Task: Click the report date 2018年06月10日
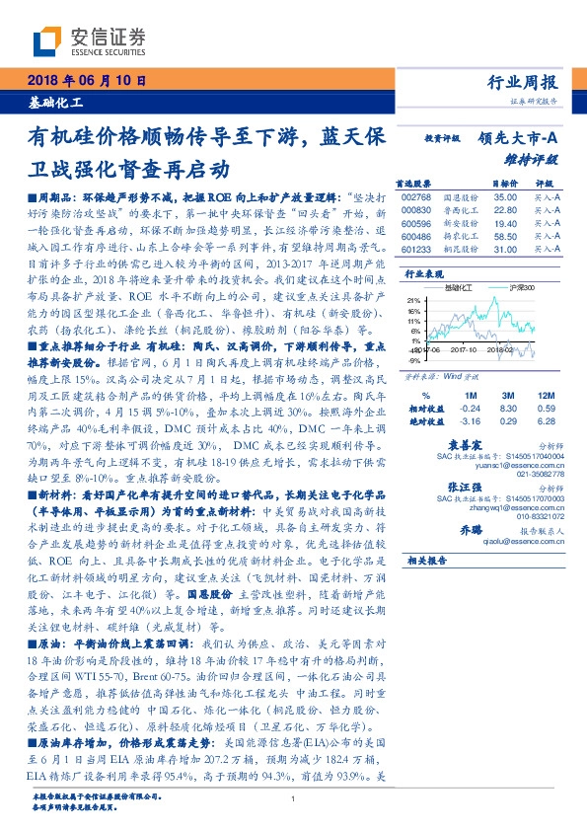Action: (82, 81)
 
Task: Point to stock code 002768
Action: (417, 198)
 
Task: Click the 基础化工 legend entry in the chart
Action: (459, 285)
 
